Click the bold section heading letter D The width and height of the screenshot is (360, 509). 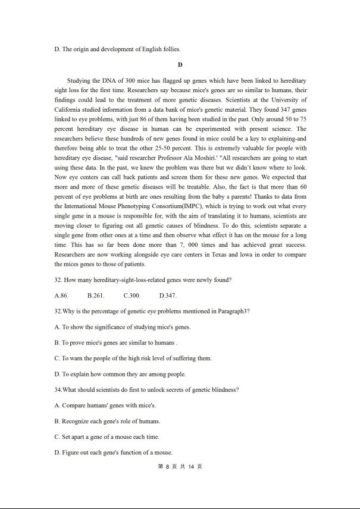[x=180, y=64]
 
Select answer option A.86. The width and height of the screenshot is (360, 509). [x=61, y=296]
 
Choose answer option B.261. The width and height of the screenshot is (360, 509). [x=96, y=296]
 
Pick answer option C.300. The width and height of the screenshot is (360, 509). [x=132, y=296]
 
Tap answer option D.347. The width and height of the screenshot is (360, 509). [x=168, y=296]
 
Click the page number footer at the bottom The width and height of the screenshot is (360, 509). [x=180, y=467]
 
